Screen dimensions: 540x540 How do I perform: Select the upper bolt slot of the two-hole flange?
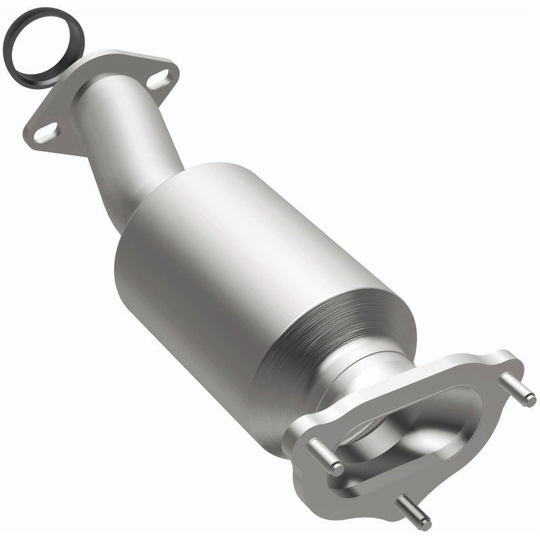pos(157,80)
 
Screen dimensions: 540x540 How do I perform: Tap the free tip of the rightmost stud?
pos(531,400)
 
